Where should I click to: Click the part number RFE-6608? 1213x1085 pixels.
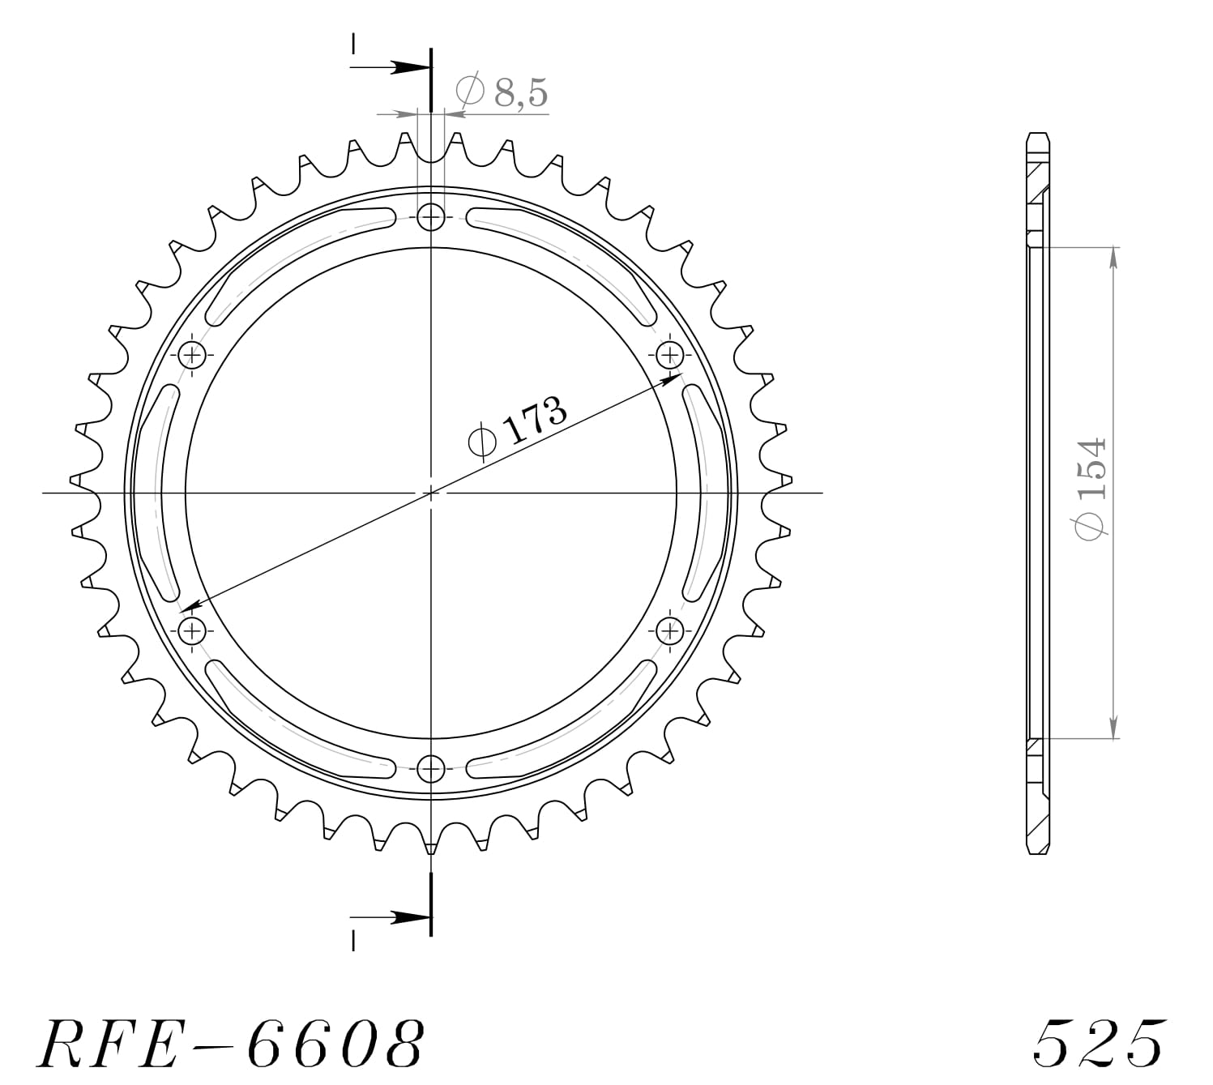pos(231,1042)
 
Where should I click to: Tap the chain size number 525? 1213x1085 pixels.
pos(1100,1042)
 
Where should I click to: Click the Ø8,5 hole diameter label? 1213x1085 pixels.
pos(502,92)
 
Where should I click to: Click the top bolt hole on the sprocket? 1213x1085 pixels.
pos(431,216)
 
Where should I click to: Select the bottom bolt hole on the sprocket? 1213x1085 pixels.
pos(431,767)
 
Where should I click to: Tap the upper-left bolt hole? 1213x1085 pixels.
pos(192,354)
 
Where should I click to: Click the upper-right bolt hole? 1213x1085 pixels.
pos(669,354)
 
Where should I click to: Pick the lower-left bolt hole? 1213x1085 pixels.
pos(192,630)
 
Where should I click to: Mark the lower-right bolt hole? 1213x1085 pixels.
pos(669,630)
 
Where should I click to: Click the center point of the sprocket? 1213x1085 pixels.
pos(431,492)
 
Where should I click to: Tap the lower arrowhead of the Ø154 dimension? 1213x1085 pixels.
pos(1113,728)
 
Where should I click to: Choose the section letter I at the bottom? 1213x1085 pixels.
pos(353,940)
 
